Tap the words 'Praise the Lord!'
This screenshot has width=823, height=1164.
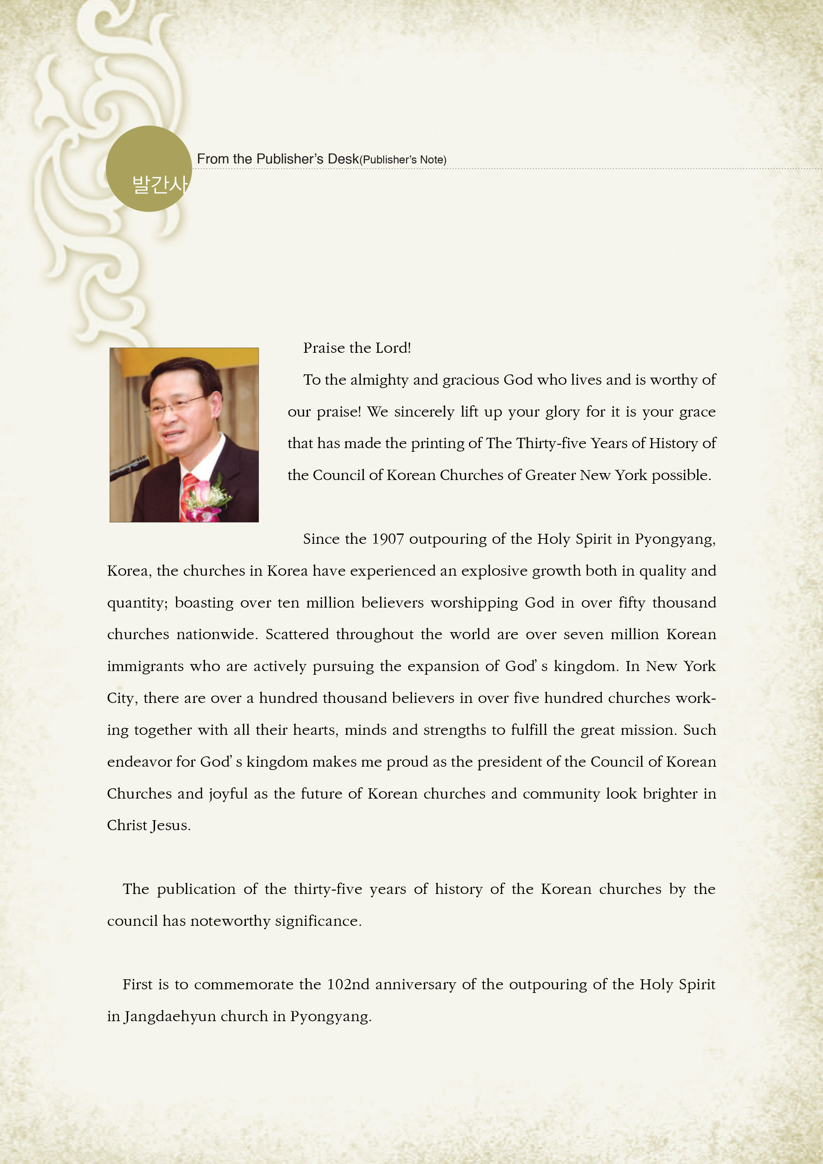(x=357, y=348)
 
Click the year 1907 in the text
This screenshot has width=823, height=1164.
(x=388, y=539)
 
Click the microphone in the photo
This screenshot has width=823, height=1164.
(x=130, y=467)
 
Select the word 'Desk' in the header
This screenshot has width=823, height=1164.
(x=343, y=159)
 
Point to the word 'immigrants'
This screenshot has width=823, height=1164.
(x=145, y=666)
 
